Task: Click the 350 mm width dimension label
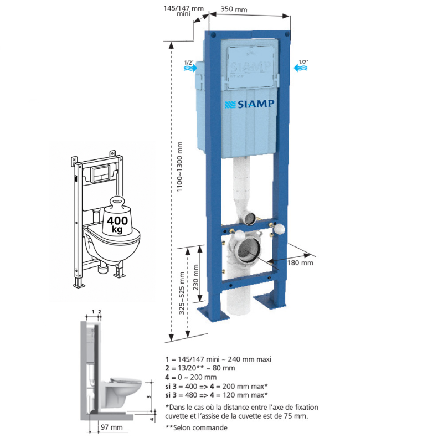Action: click(x=234, y=9)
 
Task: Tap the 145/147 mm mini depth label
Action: click(x=184, y=11)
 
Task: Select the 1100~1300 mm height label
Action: click(x=179, y=167)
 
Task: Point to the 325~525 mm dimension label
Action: click(x=182, y=293)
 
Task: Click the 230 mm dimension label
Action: click(x=195, y=277)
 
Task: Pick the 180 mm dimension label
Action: click(x=300, y=262)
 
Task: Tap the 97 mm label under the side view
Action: click(x=112, y=427)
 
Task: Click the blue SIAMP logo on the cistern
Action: click(x=249, y=104)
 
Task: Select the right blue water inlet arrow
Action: click(x=300, y=68)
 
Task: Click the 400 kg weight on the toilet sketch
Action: click(x=117, y=216)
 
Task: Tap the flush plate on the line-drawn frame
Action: click(x=100, y=174)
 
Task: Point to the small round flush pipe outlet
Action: click(x=250, y=218)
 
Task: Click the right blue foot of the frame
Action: click(x=270, y=301)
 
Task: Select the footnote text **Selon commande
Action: click(x=197, y=427)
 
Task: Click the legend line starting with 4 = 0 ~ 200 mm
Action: click(x=191, y=377)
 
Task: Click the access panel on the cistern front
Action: click(x=251, y=66)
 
